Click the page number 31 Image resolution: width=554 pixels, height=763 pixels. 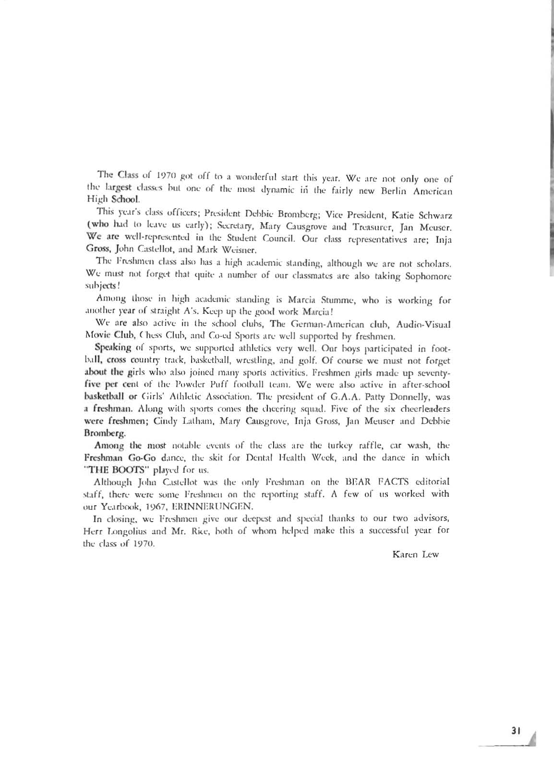pos(516,731)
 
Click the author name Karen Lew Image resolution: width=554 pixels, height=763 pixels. pos(415,555)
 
